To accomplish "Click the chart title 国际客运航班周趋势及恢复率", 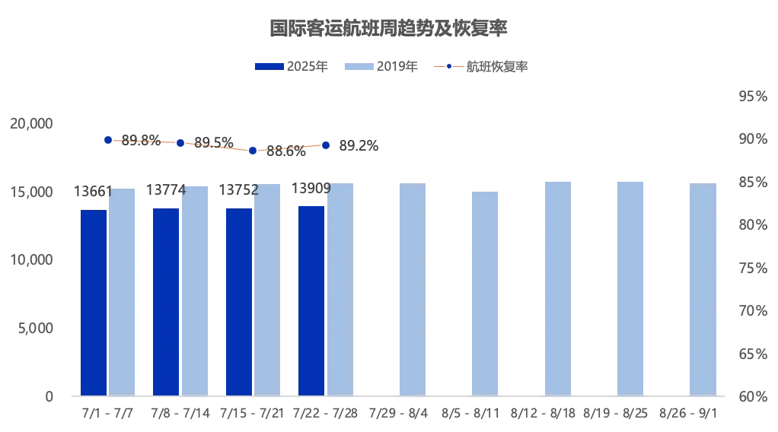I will [389, 29].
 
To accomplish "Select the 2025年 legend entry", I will [292, 67].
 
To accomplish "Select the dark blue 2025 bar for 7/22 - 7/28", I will [311, 300].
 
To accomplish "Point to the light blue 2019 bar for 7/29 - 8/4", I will [413, 289].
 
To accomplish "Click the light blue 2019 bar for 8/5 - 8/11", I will [485, 294].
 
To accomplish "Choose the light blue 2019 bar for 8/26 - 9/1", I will [703, 289].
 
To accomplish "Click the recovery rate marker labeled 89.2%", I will [326, 145].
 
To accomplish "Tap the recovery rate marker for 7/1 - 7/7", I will [108, 140].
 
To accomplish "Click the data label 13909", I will [311, 189].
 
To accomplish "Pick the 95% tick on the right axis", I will [752, 97].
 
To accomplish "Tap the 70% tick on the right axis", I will [752, 311].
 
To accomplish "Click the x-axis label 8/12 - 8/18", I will [544, 413].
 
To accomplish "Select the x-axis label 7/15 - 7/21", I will [253, 413].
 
